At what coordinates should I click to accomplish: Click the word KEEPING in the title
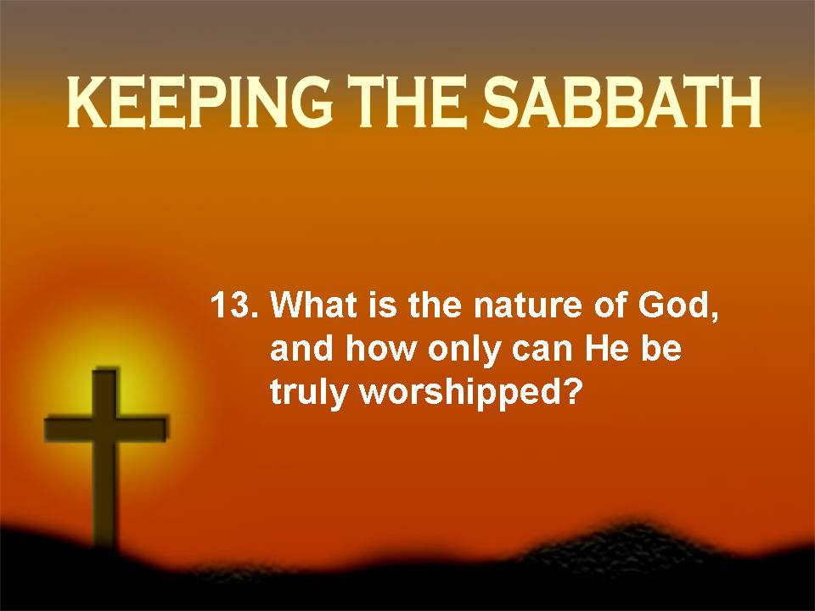tap(200, 103)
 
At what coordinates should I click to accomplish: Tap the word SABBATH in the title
tap(622, 103)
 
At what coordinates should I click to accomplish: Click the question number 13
tap(233, 305)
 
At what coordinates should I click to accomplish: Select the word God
tap(678, 305)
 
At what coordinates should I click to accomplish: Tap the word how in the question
tap(381, 349)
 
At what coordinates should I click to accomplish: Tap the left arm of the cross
tap(69, 429)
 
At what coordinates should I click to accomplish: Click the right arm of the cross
tap(143, 429)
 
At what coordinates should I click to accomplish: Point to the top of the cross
tap(105, 370)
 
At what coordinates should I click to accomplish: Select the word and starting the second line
tap(301, 349)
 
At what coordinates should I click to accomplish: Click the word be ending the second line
tap(660, 349)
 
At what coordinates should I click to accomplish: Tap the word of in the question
tap(610, 305)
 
